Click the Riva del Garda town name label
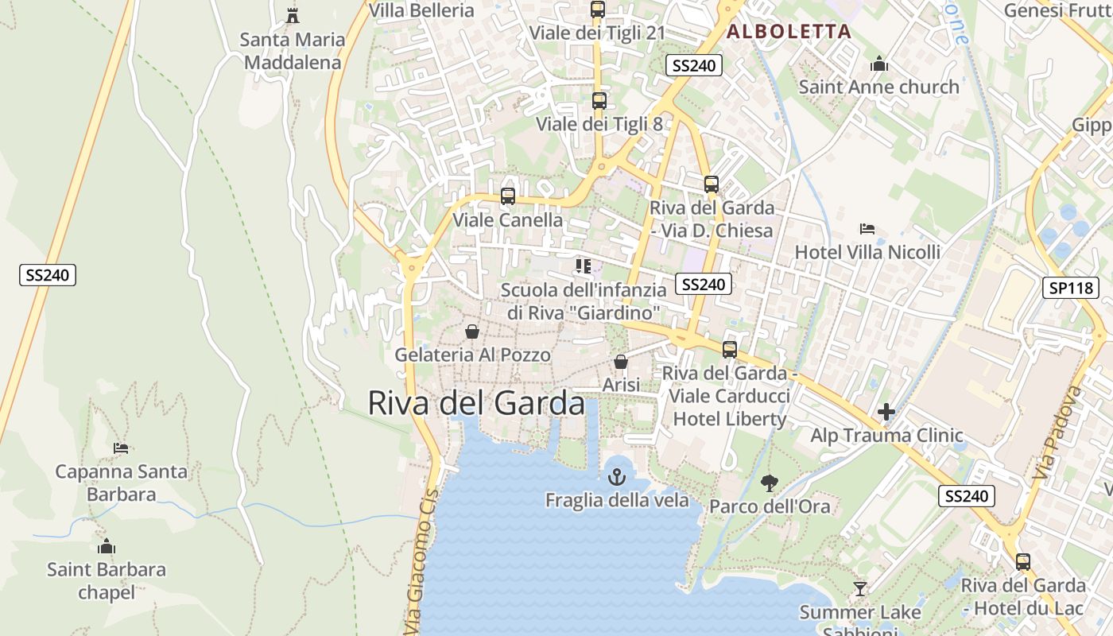pos(475,404)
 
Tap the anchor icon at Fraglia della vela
pos(617,477)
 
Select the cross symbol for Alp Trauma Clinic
pos(886,412)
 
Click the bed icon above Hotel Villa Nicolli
pos(867,229)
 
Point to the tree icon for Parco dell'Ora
pos(769,483)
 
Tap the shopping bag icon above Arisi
pos(621,362)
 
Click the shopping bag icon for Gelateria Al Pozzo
pos(472,331)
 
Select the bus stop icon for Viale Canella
pos(507,196)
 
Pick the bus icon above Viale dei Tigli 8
pos(599,101)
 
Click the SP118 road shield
pos(1070,288)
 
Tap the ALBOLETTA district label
pos(789,32)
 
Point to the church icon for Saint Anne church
pos(879,64)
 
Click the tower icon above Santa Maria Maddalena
pos(293,15)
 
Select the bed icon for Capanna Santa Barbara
pos(121,448)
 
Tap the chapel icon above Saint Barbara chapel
pos(107,546)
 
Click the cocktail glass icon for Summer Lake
pos(859,589)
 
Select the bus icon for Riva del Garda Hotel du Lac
pos(1023,562)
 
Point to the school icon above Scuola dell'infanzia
pos(584,266)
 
